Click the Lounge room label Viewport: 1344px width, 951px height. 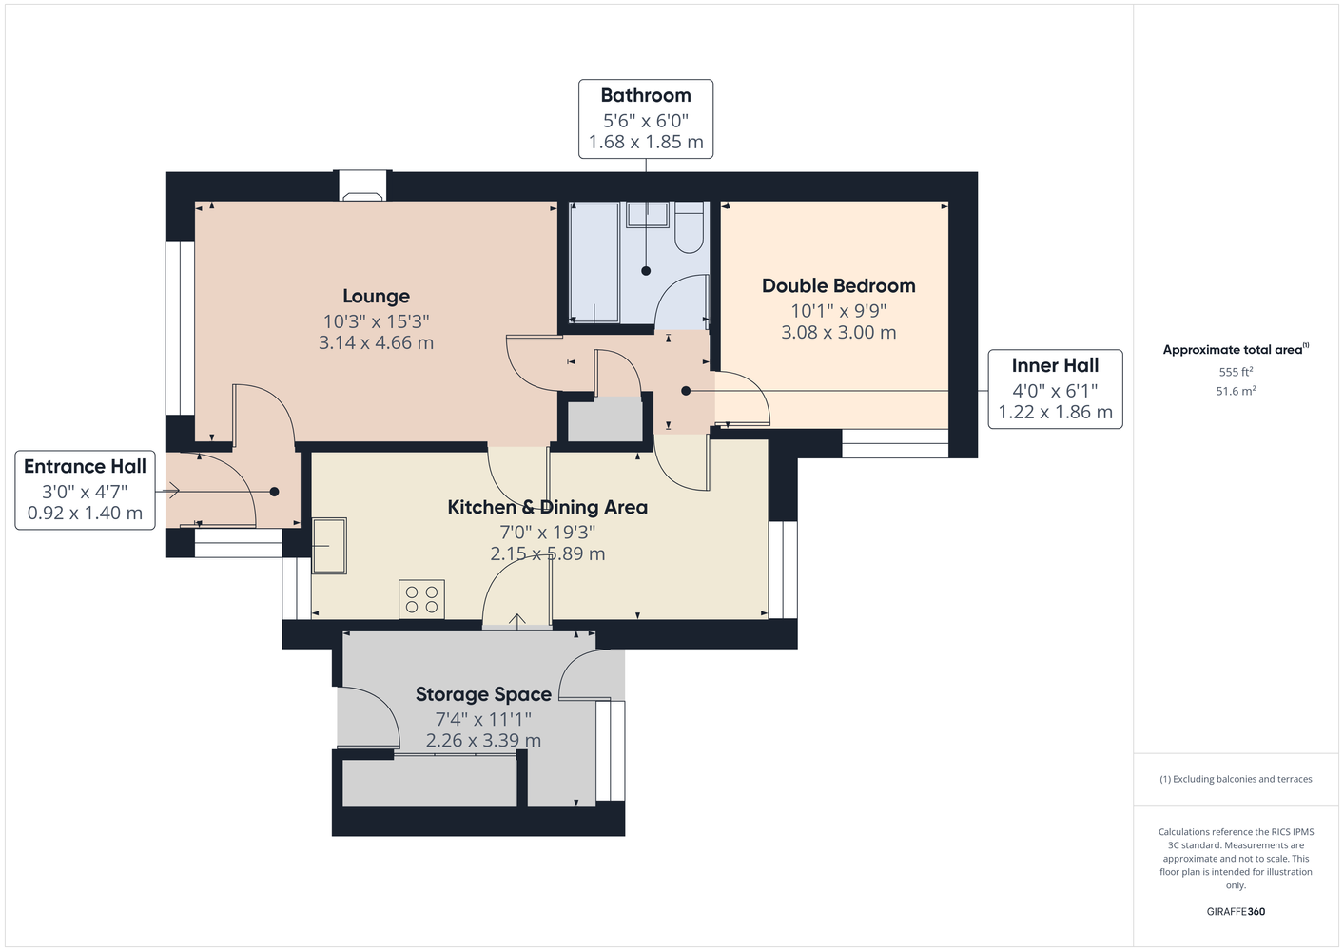click(x=377, y=296)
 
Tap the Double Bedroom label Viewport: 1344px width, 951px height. click(x=839, y=285)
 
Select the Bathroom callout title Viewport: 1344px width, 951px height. click(x=646, y=95)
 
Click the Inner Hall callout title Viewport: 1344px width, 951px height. click(x=1056, y=365)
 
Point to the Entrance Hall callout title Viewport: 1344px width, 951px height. click(x=86, y=466)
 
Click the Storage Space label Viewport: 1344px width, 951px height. click(x=483, y=694)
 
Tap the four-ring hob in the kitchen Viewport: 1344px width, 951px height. click(x=421, y=599)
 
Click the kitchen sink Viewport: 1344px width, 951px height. click(x=329, y=546)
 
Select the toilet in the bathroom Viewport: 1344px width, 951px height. click(x=690, y=227)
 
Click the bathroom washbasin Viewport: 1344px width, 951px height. click(x=648, y=215)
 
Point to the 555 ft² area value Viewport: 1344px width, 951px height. click(x=1236, y=372)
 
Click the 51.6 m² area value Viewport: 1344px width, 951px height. click(x=1236, y=391)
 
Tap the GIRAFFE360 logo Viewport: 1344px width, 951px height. click(x=1236, y=911)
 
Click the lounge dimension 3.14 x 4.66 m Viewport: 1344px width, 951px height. click(x=377, y=342)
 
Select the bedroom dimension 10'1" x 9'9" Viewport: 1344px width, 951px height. click(x=839, y=311)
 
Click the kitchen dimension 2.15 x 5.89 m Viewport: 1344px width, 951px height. click(x=548, y=553)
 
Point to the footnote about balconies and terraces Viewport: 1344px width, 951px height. click(x=1236, y=779)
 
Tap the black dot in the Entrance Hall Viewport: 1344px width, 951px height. click(x=274, y=492)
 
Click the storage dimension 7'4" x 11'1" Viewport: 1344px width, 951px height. click(x=483, y=719)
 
